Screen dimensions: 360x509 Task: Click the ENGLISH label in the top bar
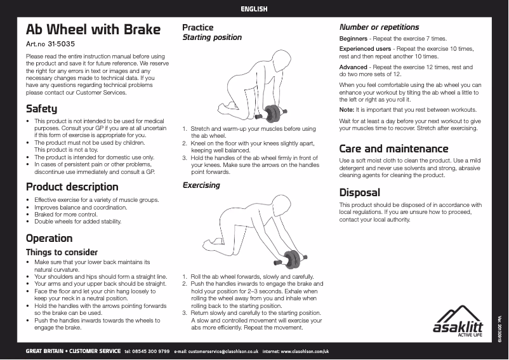point(254,10)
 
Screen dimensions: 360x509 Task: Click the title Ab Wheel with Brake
point(93,30)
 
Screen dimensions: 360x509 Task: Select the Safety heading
point(41,109)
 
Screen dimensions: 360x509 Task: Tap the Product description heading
point(72,187)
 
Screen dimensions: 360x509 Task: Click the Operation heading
point(49,239)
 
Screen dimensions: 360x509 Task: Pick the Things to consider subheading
point(62,252)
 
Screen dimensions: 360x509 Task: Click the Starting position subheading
point(212,37)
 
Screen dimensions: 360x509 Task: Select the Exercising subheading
point(201,185)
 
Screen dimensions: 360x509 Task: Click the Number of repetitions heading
point(379,27)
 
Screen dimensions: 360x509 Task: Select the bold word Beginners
point(354,39)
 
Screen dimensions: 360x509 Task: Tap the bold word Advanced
point(354,67)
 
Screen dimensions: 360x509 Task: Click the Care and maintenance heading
point(393,149)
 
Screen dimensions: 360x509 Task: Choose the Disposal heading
point(359,192)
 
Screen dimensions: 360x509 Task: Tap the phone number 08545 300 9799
point(151,351)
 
